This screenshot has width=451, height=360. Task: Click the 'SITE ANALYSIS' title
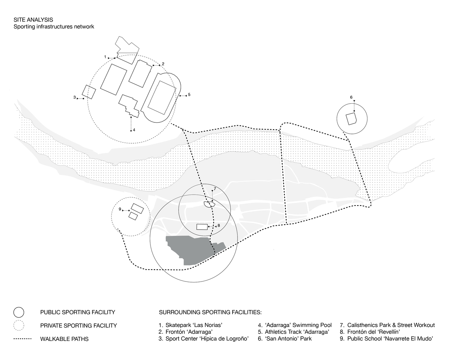33,20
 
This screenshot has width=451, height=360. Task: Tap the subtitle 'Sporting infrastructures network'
54,27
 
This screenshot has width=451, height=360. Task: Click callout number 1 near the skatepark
105,57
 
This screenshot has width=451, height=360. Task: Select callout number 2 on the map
163,64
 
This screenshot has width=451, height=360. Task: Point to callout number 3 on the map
75,97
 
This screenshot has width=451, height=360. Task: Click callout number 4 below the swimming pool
134,130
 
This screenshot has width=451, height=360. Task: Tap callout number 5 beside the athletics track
189,95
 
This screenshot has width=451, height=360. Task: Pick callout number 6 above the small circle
351,97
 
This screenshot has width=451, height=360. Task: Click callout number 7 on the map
215,189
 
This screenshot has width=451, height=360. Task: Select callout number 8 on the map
218,225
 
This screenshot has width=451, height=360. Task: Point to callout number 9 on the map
120,209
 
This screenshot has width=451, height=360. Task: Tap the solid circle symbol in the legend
19,312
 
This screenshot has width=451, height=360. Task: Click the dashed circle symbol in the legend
19,325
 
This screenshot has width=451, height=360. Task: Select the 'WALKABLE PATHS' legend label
64,339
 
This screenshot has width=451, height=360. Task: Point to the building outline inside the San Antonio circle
351,118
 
